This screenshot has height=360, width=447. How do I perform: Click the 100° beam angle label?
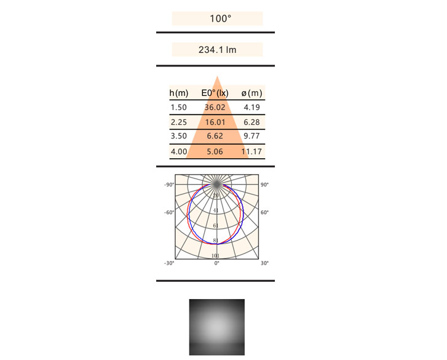pos(220,18)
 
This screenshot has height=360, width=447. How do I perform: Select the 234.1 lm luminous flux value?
pos(217,50)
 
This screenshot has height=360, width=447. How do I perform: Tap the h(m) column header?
pos(179,93)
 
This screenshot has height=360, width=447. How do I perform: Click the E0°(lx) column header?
pos(215,93)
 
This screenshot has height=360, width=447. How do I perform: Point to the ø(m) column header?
pos(251,93)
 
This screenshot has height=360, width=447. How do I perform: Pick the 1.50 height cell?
pos(178,107)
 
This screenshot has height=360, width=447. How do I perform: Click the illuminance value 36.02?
pos(215,107)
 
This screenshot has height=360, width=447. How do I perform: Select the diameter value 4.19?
pos(251,107)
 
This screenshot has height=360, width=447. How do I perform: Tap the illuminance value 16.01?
pos(215,122)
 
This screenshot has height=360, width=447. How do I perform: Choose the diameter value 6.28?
pos(251,122)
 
